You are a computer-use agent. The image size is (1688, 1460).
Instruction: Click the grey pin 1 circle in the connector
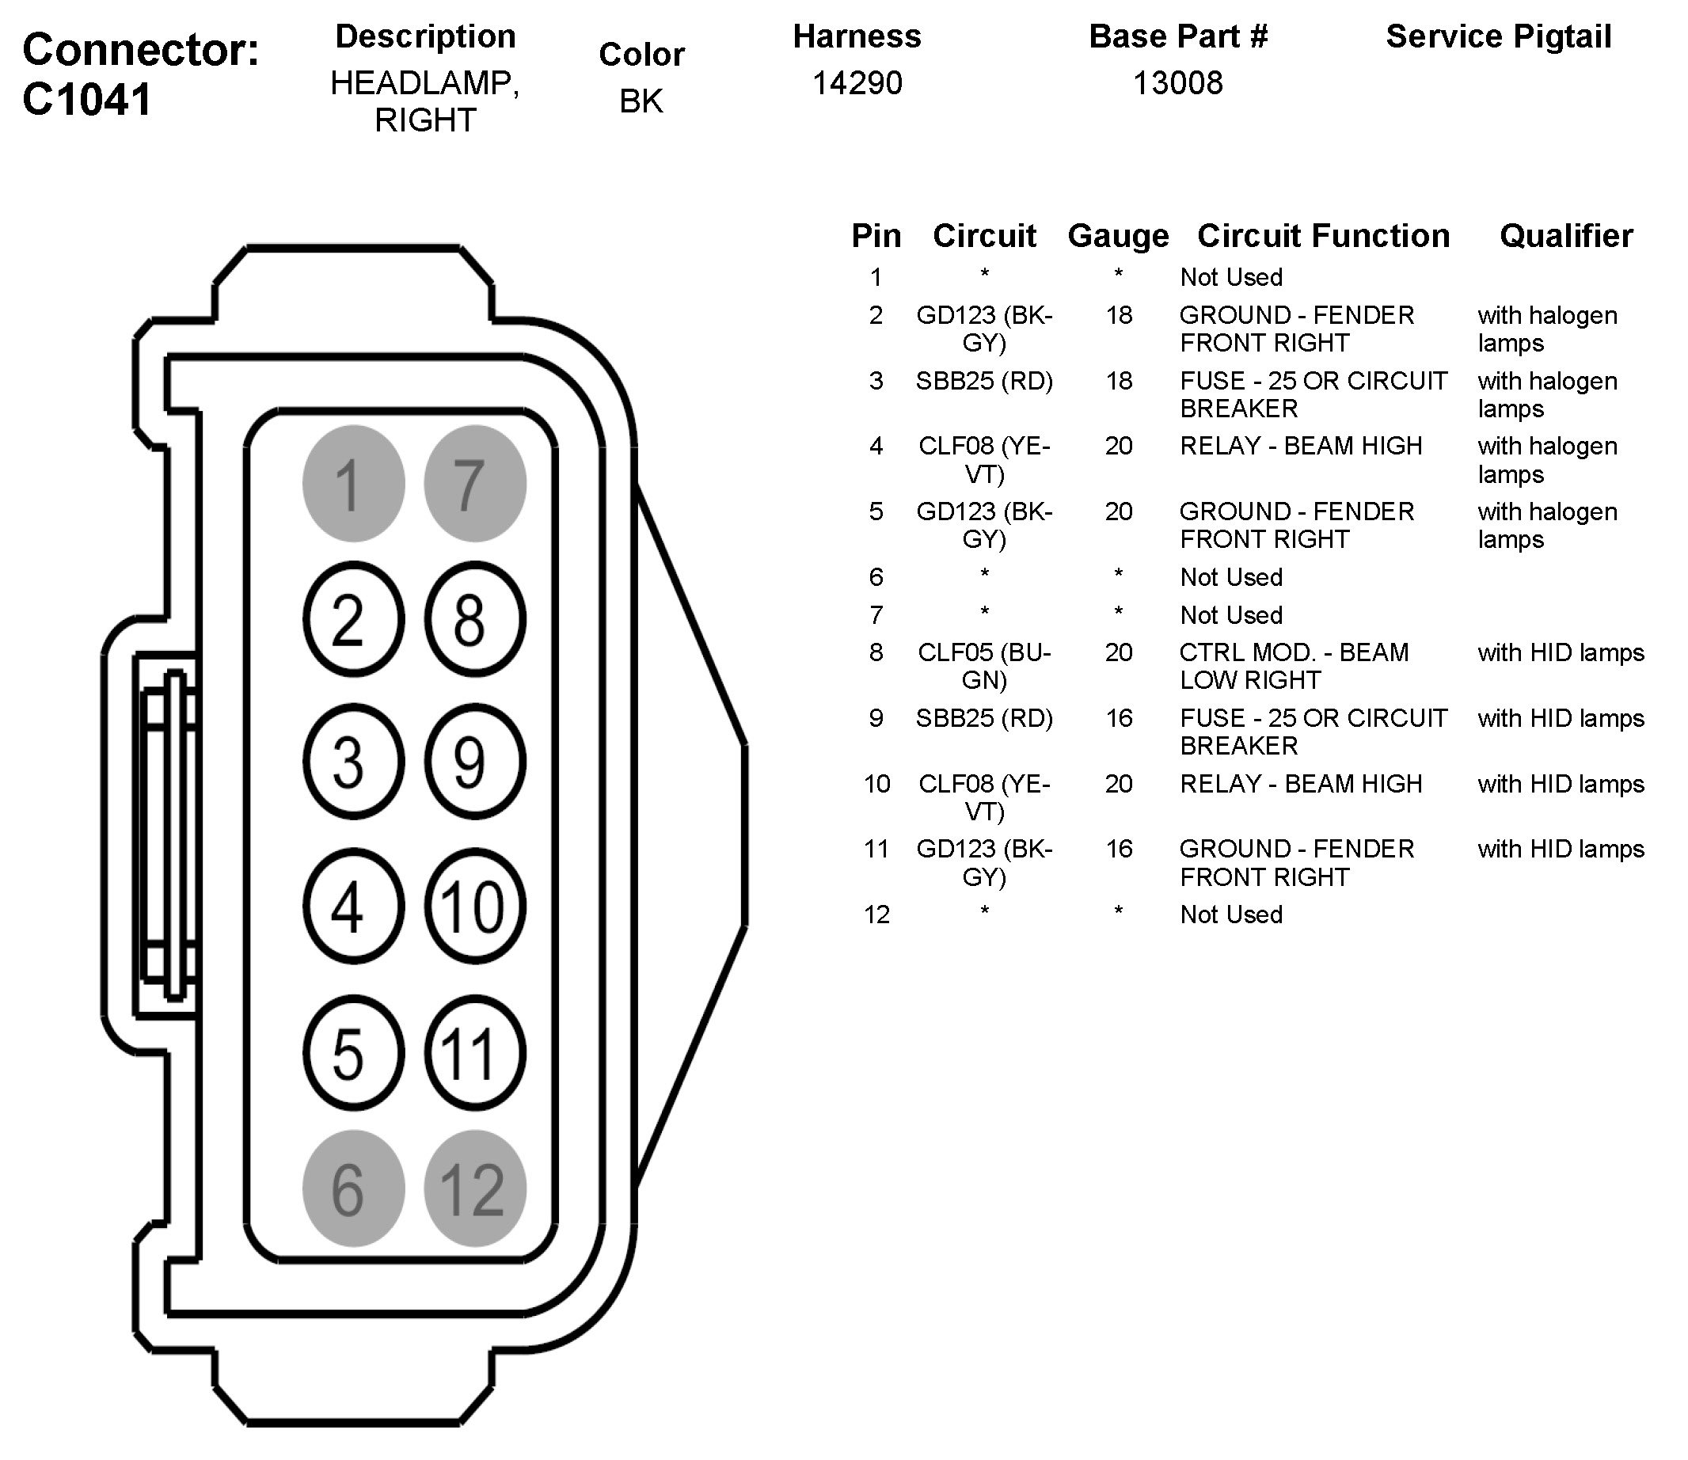click(353, 483)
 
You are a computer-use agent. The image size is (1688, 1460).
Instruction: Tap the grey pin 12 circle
click(475, 1188)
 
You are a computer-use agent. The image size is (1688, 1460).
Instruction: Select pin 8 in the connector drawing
click(475, 619)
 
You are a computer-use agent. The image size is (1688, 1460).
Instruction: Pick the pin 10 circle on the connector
click(475, 907)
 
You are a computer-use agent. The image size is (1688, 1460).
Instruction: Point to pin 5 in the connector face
click(353, 1054)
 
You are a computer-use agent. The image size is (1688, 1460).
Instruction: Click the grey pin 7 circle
click(475, 483)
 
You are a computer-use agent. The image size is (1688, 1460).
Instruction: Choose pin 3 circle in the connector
click(353, 762)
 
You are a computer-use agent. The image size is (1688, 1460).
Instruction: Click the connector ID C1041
click(87, 100)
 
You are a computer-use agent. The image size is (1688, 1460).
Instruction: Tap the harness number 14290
click(857, 83)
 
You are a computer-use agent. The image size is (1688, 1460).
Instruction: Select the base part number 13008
click(1178, 83)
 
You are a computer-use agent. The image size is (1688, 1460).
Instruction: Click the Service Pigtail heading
click(1498, 36)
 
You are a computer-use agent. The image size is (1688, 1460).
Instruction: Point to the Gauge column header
click(1118, 236)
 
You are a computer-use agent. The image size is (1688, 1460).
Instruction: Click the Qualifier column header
click(1566, 236)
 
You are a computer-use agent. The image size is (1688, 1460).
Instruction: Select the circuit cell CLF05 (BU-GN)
click(984, 666)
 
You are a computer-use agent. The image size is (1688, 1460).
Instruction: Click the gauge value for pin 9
click(1119, 718)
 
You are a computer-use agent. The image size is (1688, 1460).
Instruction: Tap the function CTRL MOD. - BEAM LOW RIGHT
click(1293, 666)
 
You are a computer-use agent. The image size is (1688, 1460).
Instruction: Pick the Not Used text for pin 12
click(1231, 914)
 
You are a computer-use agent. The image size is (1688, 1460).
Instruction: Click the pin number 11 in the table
click(876, 849)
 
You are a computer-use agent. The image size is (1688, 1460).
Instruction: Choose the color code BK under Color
click(641, 101)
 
